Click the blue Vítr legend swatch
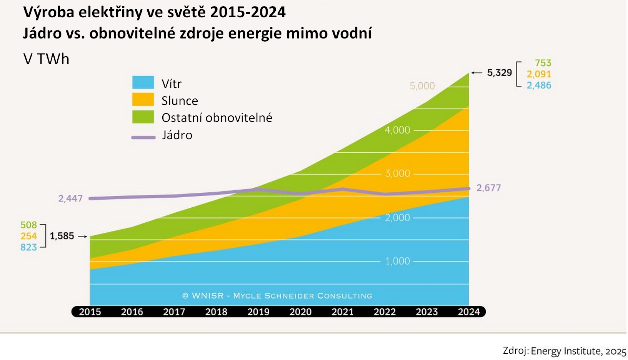coord(143,83)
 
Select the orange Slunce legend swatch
coord(143,100)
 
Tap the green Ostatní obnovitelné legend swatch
coord(143,117)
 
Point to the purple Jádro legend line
coord(143,137)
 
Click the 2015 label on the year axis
coord(90,312)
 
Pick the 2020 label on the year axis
coord(300,312)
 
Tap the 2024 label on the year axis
coord(469,312)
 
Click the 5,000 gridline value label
coord(422,86)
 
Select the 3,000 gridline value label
coord(398,173)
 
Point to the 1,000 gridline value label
coord(398,261)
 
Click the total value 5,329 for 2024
coord(499,73)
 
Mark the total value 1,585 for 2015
coord(62,236)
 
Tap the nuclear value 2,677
coord(488,188)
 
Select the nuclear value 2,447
coord(70,198)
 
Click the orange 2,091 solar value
coord(539,74)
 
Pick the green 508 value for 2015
coord(28,225)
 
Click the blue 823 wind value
coord(28,247)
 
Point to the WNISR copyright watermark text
coord(277,296)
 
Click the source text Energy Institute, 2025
coord(578,351)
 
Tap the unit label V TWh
coord(47,59)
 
